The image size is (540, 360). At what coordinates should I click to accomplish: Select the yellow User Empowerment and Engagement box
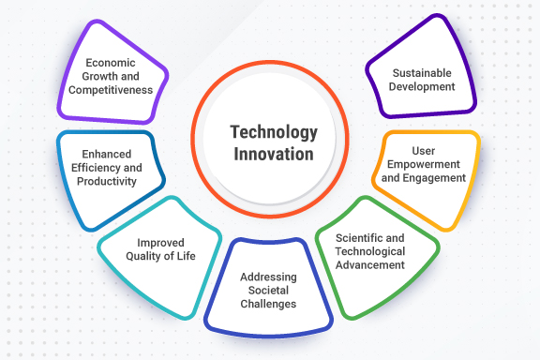427,170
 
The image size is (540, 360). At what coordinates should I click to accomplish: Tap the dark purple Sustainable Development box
418,79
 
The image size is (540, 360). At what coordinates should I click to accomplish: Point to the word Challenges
269,304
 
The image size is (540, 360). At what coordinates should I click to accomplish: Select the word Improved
159,243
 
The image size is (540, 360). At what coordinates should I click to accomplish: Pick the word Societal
269,291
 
